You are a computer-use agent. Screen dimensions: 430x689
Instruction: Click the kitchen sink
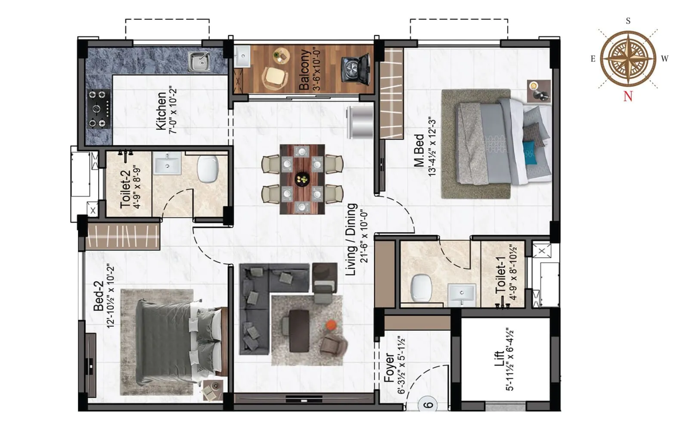coord(199,61)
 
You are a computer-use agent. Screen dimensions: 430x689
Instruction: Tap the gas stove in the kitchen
coord(98,109)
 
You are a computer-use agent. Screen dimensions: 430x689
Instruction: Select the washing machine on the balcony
coord(356,70)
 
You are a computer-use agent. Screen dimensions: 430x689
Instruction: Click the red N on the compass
coord(628,96)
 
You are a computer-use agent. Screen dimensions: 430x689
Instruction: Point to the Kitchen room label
coord(161,111)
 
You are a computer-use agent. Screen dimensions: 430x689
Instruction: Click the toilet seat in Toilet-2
coord(208,169)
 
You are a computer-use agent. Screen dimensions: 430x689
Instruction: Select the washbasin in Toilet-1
coord(462,295)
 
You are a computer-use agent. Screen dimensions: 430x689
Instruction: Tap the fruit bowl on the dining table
coord(302,178)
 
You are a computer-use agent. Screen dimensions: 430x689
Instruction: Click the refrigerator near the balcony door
coord(360,122)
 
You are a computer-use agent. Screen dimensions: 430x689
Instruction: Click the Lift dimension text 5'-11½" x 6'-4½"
coord(510,359)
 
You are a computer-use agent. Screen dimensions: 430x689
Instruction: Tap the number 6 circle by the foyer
coord(428,405)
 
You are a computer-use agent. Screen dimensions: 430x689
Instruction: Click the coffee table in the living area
coord(300,330)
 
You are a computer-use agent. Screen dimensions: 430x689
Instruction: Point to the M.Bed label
coord(419,150)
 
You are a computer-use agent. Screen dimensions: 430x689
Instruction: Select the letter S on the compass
coord(628,21)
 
